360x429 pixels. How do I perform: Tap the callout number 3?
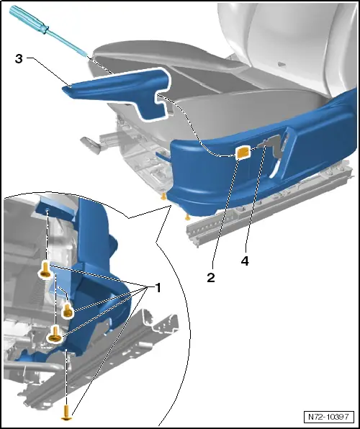(x=18, y=60)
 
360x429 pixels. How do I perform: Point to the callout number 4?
(x=245, y=262)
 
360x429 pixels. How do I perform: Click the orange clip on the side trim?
(x=243, y=152)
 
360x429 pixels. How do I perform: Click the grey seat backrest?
(x=288, y=36)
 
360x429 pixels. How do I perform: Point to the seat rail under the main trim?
(x=274, y=209)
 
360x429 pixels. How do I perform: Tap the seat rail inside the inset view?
(x=108, y=374)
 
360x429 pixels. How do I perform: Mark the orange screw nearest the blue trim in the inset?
(x=68, y=310)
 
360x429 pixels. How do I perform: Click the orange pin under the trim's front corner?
(x=164, y=195)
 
